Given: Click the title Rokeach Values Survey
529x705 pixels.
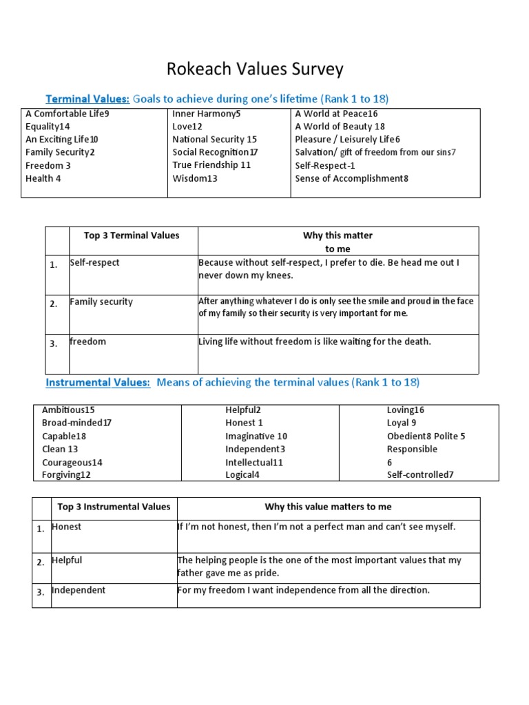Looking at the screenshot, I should (x=255, y=70).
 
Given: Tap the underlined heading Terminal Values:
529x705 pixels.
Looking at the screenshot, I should (x=87, y=98).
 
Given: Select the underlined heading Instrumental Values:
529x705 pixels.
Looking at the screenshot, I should (x=98, y=382).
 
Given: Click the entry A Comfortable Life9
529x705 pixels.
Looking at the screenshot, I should (x=68, y=114).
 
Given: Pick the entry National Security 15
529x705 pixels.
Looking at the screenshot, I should (x=215, y=139).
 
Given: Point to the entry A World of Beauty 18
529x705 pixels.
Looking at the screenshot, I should (x=340, y=127).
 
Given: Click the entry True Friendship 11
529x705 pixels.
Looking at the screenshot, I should (x=211, y=165).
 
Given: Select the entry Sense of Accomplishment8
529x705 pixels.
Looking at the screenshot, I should (x=352, y=178).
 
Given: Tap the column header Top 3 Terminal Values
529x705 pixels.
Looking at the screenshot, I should (x=132, y=235).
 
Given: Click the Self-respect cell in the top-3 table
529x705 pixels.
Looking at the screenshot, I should (x=94, y=263).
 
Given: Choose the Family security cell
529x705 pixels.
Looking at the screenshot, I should (x=101, y=302).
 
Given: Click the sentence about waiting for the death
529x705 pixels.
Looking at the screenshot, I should (x=315, y=341).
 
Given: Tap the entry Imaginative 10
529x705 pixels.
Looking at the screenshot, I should (x=256, y=436).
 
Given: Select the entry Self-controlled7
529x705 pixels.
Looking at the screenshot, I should (x=420, y=474).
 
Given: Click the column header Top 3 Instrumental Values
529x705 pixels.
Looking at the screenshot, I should (x=114, y=507).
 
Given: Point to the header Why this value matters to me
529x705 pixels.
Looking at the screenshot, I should (x=328, y=507).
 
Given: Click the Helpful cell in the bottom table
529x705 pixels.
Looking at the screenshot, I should (x=67, y=560).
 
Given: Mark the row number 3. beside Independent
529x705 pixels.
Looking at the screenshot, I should (x=41, y=591).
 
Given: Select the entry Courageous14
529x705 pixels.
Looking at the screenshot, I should (x=72, y=462).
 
